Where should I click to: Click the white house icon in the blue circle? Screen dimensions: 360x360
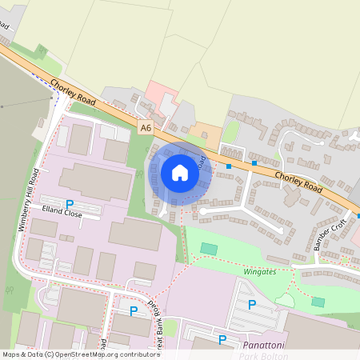click(x=180, y=172)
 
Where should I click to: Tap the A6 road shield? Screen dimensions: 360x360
click(x=145, y=127)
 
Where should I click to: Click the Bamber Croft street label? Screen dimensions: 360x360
click(x=328, y=233)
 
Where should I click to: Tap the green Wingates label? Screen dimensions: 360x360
click(x=258, y=272)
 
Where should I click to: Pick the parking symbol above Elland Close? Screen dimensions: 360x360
click(x=70, y=204)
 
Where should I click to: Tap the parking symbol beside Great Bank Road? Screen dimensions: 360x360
click(x=133, y=310)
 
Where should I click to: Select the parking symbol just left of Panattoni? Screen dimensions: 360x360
click(x=223, y=341)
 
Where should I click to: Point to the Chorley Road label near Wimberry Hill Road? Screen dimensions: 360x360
click(x=74, y=91)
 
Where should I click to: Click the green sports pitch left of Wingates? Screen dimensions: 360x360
click(x=209, y=250)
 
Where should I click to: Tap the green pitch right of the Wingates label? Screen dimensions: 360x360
click(x=318, y=302)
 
